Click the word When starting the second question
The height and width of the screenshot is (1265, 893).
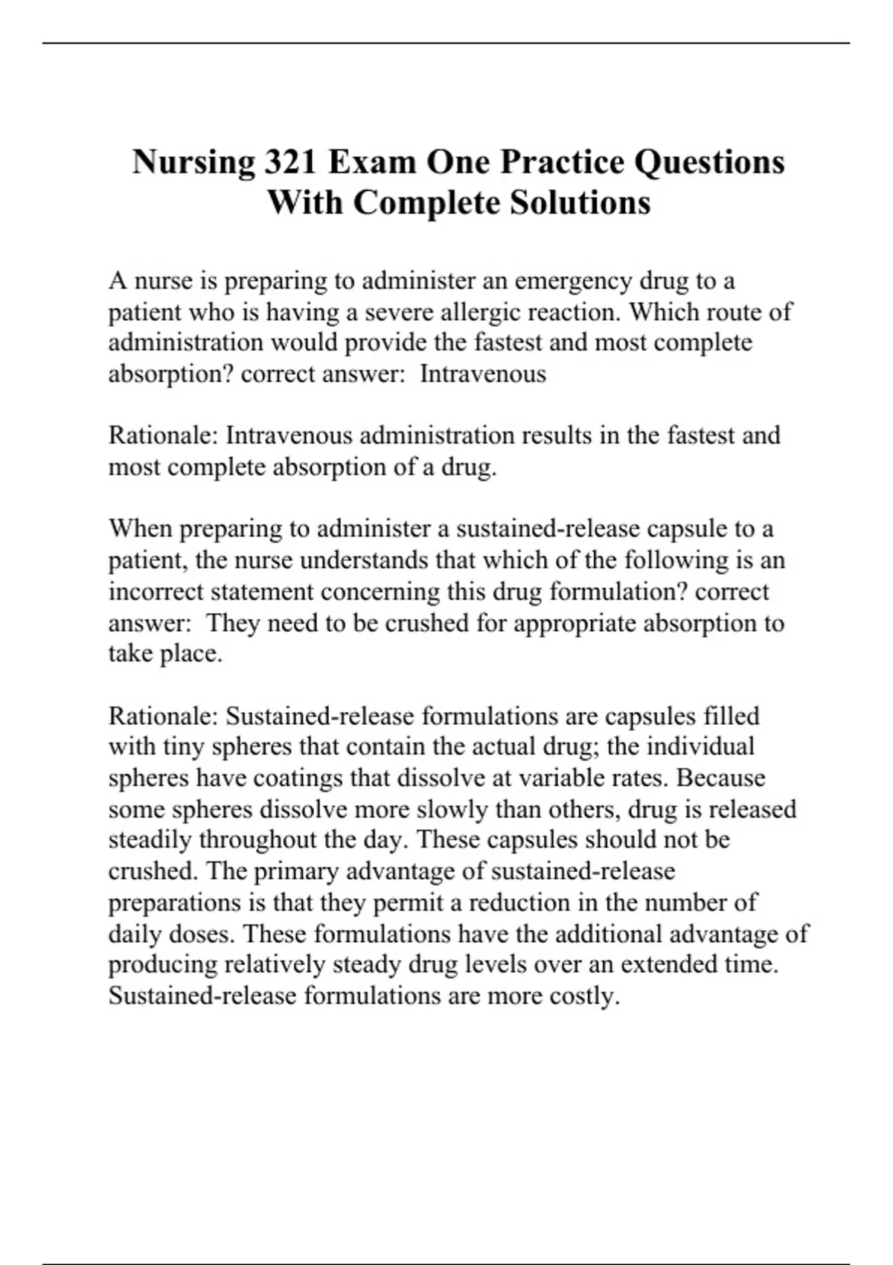(140, 529)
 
